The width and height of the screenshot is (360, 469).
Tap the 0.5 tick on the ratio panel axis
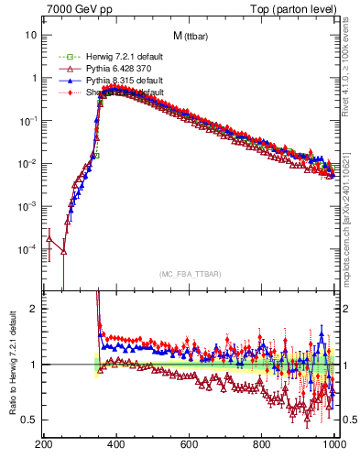point(29,420)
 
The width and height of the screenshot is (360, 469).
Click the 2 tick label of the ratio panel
point(34,309)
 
